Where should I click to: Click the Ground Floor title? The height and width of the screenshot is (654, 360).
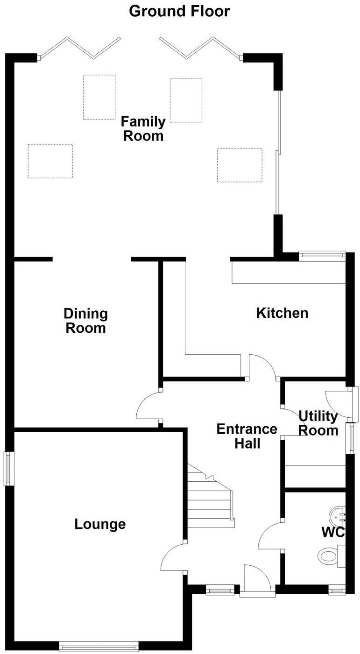pos(179,11)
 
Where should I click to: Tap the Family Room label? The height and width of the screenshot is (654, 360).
pos(143,129)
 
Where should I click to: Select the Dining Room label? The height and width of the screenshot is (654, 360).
pos(85,321)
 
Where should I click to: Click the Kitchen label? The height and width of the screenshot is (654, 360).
pos(282,313)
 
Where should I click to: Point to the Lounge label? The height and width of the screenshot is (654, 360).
pos(100,524)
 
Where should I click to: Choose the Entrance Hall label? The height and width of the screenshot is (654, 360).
pos(247,436)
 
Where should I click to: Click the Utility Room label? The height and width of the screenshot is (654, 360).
pos(318,423)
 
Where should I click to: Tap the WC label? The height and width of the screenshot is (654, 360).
pos(333,532)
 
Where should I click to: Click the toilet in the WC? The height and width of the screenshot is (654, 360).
pos(329,556)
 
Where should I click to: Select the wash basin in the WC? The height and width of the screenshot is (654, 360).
pos(338,516)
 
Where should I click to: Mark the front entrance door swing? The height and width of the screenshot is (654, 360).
pos(256,579)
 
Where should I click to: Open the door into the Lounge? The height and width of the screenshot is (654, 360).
pos(174,558)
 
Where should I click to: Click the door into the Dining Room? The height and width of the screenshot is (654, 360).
pos(148,406)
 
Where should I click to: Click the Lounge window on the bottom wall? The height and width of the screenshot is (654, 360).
pos(99,647)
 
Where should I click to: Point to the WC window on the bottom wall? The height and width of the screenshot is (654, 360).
pos(336,591)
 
